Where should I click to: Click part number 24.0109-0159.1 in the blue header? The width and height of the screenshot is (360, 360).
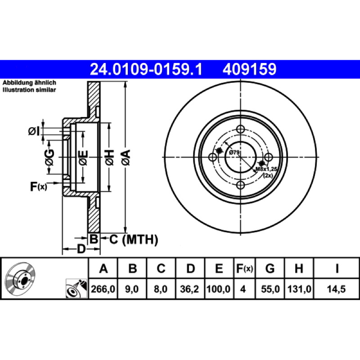[146, 69]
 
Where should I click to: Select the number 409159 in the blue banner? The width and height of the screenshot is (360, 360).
[249, 69]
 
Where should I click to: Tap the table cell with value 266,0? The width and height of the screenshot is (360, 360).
[103, 289]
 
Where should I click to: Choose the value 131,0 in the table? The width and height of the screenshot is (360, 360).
[299, 289]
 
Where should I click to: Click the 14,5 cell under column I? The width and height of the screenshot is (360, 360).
[336, 289]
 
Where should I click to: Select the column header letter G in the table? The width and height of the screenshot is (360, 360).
[270, 268]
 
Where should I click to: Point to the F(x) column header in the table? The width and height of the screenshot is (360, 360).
[244, 268]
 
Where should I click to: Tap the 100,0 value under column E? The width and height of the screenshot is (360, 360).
[218, 289]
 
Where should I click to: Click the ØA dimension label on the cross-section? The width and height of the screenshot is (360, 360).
[126, 157]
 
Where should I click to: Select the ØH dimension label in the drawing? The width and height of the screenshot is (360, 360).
[110, 157]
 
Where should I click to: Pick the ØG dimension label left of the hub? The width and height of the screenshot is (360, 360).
[49, 157]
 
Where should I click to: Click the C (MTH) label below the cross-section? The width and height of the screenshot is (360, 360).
[134, 239]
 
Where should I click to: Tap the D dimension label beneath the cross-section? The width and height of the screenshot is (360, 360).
[81, 249]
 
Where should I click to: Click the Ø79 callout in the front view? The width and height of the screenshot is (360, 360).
[234, 152]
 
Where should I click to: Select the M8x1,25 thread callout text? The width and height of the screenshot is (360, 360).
[266, 169]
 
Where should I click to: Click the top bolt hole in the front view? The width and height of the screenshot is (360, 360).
[240, 129]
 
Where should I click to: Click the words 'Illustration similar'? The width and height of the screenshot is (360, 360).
[29, 90]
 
